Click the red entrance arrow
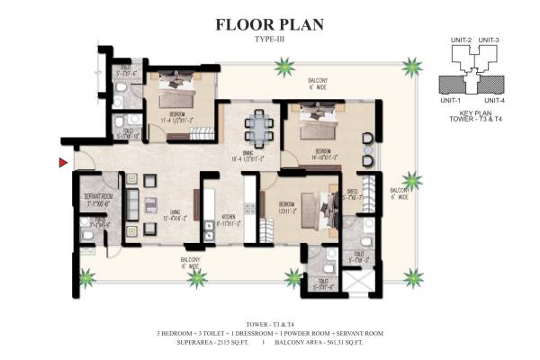tap(62, 162)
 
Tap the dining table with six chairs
tap(260, 127)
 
